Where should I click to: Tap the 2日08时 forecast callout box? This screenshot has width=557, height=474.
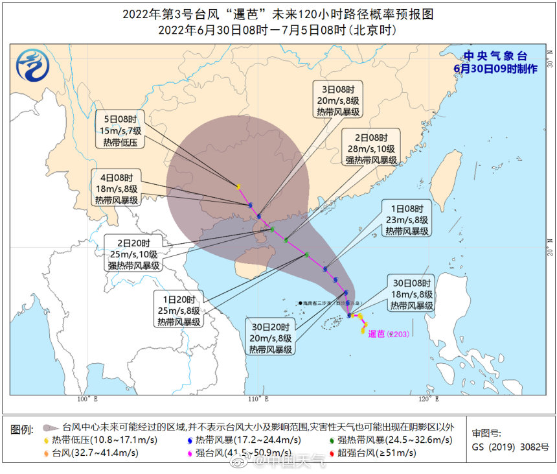click(370, 149)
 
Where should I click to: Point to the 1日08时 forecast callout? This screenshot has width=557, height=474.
click(407, 220)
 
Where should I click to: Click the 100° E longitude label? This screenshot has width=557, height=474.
click(86, 398)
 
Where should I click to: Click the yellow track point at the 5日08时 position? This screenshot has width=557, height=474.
click(239, 187)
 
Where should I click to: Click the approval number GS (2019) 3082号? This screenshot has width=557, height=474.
click(509, 447)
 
